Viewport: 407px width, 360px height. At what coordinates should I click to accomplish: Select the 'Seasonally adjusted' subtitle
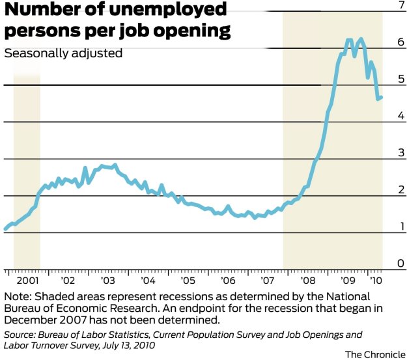click(63, 53)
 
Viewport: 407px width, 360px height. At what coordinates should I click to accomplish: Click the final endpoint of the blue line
click(381, 98)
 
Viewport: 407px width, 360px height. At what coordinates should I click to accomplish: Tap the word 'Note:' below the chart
click(18, 296)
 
